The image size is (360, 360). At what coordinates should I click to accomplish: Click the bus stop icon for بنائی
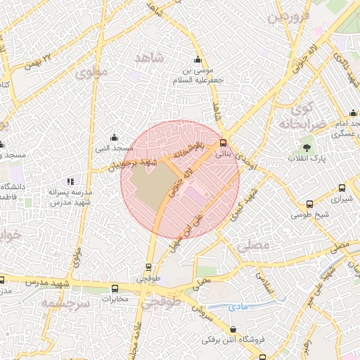coord(224,142)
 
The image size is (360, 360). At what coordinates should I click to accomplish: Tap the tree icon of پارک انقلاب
coord(307,147)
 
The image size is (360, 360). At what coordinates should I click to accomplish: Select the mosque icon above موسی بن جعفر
coord(198,59)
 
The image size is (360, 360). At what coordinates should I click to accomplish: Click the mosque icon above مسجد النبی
coord(114,137)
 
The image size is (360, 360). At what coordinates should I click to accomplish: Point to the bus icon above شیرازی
coord(342,188)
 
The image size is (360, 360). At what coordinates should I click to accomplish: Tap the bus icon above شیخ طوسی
coord(309,204)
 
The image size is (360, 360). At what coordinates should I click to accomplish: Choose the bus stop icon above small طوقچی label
coord(148,267)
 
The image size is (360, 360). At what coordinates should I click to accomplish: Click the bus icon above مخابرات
coord(115,288)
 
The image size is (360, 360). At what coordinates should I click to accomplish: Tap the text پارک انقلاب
coord(307,160)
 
